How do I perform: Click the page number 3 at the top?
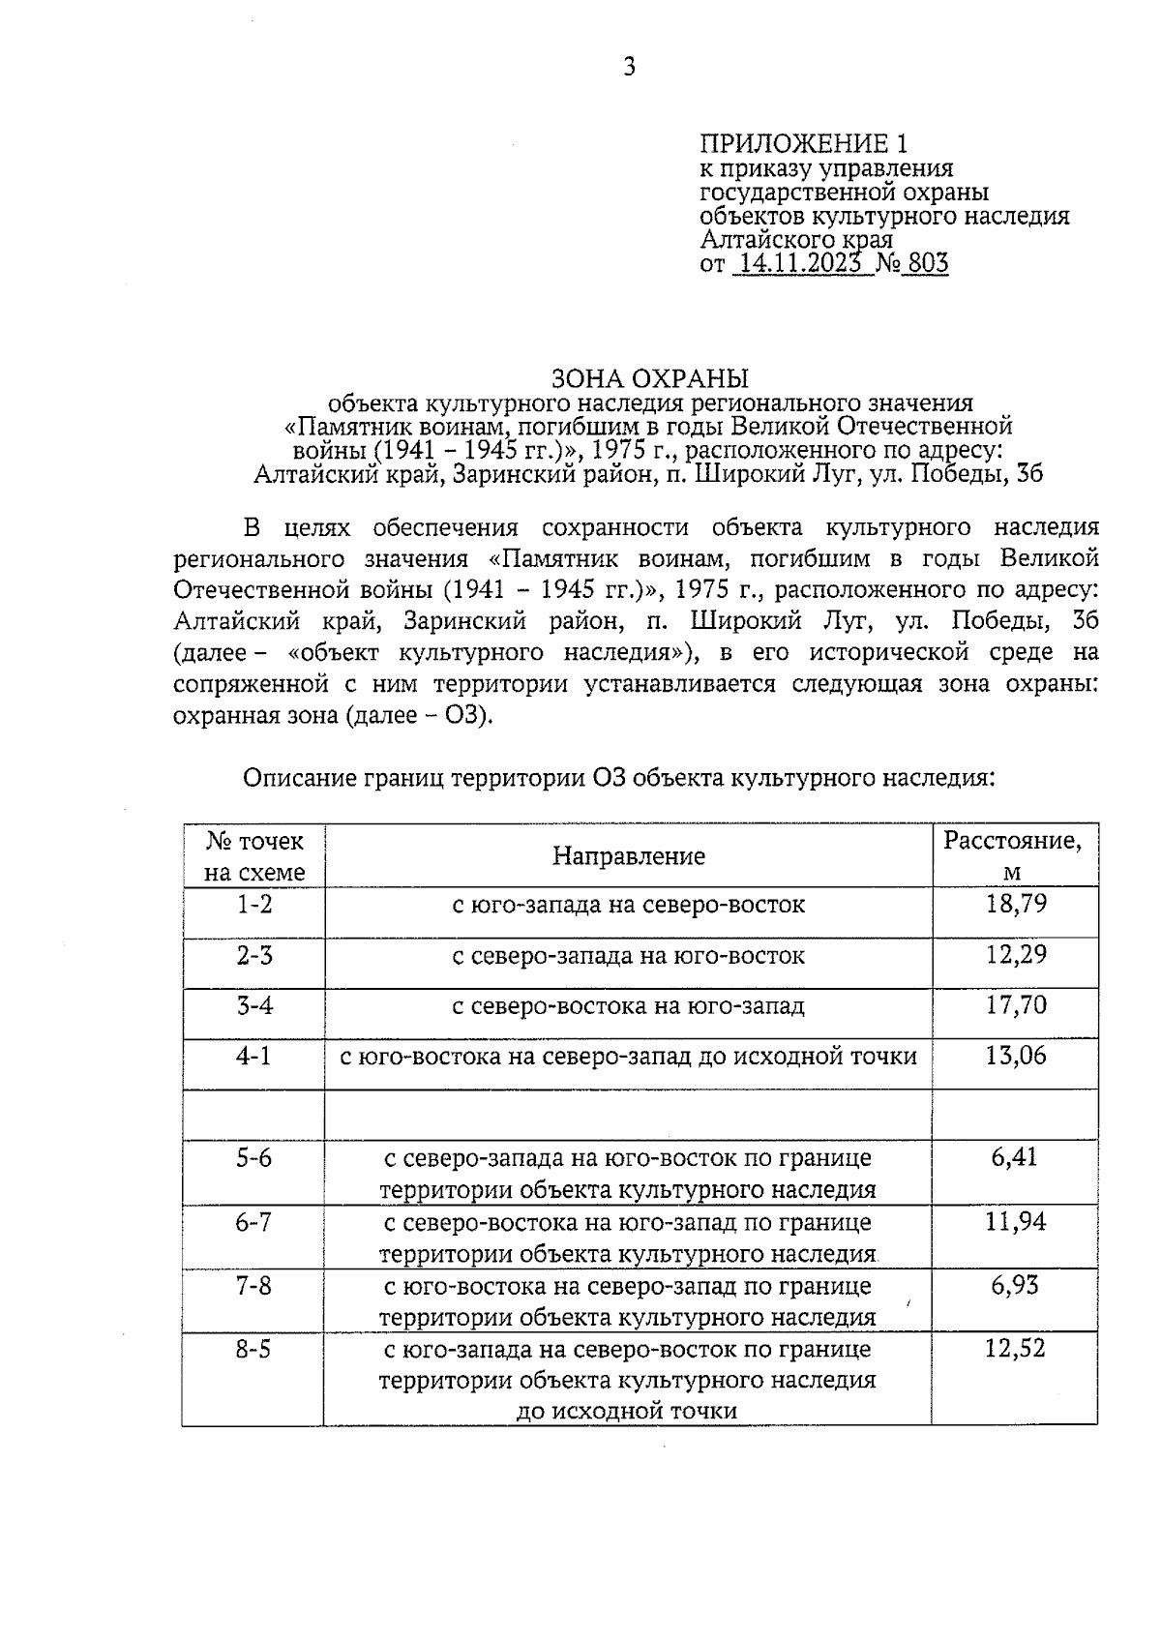click(629, 67)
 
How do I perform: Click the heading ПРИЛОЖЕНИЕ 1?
click(804, 144)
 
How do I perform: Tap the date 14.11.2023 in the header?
click(799, 263)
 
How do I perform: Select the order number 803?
click(927, 263)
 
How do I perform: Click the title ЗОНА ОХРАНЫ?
click(649, 377)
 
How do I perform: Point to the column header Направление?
click(629, 855)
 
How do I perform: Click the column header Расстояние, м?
click(1013, 855)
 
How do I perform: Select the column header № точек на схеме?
click(254, 855)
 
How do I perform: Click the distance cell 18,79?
click(1015, 905)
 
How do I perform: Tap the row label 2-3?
click(254, 956)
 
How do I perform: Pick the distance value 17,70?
click(1015, 1005)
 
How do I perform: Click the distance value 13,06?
click(1015, 1056)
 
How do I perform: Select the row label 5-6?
click(254, 1158)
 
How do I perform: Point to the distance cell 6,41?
click(1014, 1157)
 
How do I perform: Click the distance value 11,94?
click(1015, 1222)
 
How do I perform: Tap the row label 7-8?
click(254, 1286)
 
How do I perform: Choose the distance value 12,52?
click(1015, 1348)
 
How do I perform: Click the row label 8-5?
click(254, 1349)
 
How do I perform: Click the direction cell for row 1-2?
click(629, 906)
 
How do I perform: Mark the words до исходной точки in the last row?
click(627, 1411)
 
